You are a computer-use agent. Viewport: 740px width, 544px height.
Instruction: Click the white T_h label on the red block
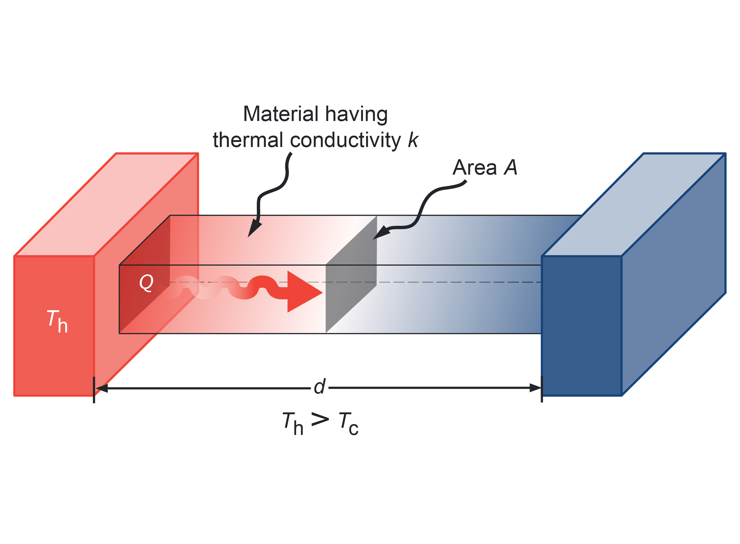point(57,321)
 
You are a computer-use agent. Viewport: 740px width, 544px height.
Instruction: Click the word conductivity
point(345,141)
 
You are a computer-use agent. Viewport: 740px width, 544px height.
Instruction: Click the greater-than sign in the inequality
point(320,420)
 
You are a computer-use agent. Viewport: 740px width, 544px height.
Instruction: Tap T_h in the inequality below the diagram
point(292,424)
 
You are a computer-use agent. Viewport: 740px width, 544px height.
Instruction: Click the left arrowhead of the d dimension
point(101,388)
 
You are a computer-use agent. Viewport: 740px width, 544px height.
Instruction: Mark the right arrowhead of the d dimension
point(535,388)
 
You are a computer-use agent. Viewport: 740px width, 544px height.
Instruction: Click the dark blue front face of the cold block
point(582,326)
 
